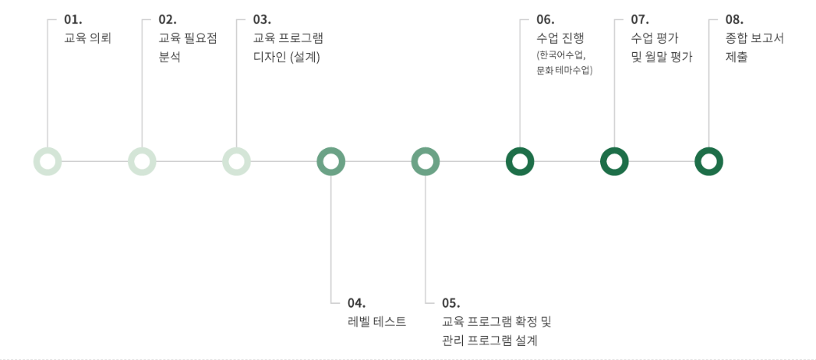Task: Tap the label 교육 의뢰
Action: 87,37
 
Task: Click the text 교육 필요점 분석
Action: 187,47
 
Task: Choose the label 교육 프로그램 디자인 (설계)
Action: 288,47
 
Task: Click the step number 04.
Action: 356,303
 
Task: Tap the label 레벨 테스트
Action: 376,321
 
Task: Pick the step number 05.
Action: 450,303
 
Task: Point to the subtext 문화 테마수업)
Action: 565,70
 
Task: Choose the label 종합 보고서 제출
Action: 754,47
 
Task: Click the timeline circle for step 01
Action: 48,161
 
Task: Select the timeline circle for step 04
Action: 331,161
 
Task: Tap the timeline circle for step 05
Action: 426,161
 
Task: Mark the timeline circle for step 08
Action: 708,161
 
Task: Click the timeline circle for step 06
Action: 520,161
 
